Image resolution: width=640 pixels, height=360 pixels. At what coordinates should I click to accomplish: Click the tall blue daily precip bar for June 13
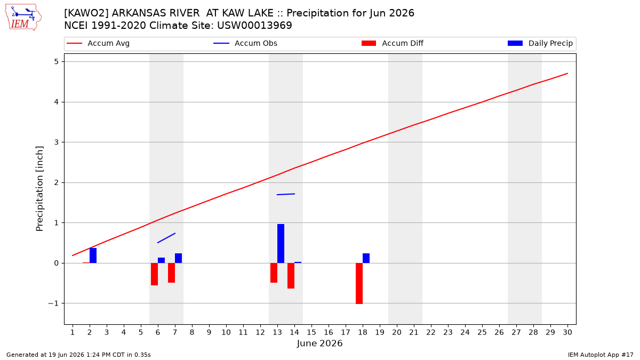coord(281,243)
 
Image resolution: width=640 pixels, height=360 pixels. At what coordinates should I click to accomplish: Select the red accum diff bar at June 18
coord(359,283)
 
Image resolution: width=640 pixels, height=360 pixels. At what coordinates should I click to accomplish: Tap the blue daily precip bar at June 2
coord(93,255)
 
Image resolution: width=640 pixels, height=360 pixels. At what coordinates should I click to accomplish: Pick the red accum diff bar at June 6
coord(154,274)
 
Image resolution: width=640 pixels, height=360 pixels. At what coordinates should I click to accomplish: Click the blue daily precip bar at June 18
coord(366,258)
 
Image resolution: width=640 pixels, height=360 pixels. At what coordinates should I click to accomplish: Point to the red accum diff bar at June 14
coord(291,276)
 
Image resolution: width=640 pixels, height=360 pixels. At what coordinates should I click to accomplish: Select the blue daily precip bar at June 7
coord(178,258)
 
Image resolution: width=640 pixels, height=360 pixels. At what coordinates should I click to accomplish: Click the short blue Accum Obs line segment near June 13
coord(286,194)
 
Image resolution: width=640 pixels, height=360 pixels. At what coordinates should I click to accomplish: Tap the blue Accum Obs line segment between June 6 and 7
coord(166,238)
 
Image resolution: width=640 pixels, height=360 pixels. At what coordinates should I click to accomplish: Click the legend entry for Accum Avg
coord(98,43)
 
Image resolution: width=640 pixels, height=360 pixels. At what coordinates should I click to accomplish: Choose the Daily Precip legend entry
coord(540,43)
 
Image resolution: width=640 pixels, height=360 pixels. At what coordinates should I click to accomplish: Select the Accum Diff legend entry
coord(393,43)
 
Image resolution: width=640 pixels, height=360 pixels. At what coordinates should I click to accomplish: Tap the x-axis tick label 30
coord(567,332)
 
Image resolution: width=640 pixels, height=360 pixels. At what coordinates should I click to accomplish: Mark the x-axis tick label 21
coord(414,332)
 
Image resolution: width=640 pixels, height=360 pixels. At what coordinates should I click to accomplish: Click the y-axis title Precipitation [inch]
coord(39,189)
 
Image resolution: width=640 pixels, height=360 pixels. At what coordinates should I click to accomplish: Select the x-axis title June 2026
coord(319,343)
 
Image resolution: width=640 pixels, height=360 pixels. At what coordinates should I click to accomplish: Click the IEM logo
coord(23,18)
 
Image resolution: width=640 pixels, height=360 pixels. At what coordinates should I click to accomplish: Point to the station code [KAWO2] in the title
coord(86,13)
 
